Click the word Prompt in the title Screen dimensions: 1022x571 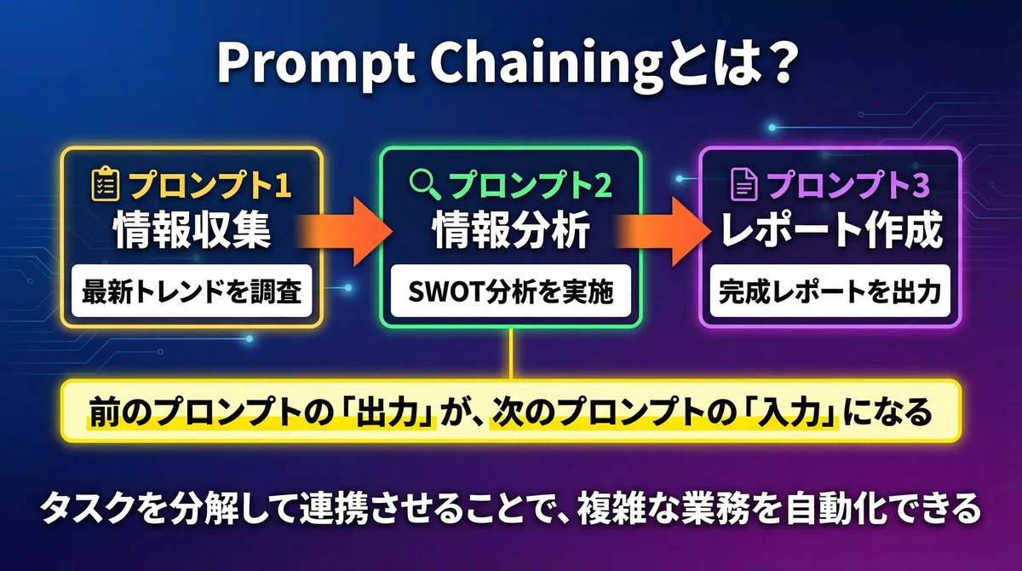tap(316, 64)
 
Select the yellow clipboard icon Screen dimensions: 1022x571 tap(106, 184)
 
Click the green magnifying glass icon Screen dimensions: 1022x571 tap(424, 184)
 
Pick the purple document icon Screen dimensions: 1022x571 tap(744, 184)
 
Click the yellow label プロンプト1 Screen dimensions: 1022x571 tap(210, 185)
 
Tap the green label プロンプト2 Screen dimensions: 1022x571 tap(530, 185)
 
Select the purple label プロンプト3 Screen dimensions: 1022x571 tap(848, 185)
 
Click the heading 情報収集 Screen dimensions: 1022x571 tap(192, 229)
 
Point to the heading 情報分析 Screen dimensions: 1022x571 tap(511, 229)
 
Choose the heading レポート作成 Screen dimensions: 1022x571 tap(831, 229)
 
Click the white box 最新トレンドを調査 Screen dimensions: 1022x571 tap(192, 291)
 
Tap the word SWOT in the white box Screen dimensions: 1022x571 tap(446, 291)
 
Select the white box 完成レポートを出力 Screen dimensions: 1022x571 tap(830, 291)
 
